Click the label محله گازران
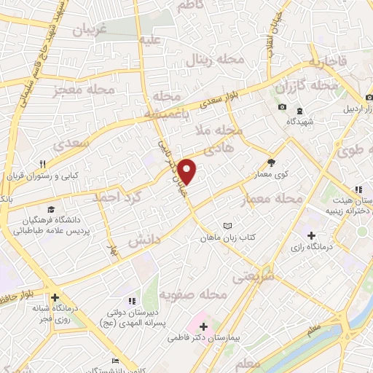click(307, 87)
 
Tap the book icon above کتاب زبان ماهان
click(228, 226)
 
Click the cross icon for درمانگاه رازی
click(312, 235)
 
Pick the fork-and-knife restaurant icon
click(43, 165)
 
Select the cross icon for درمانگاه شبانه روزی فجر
click(55, 297)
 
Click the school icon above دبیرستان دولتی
click(131, 300)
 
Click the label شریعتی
click(249, 277)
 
